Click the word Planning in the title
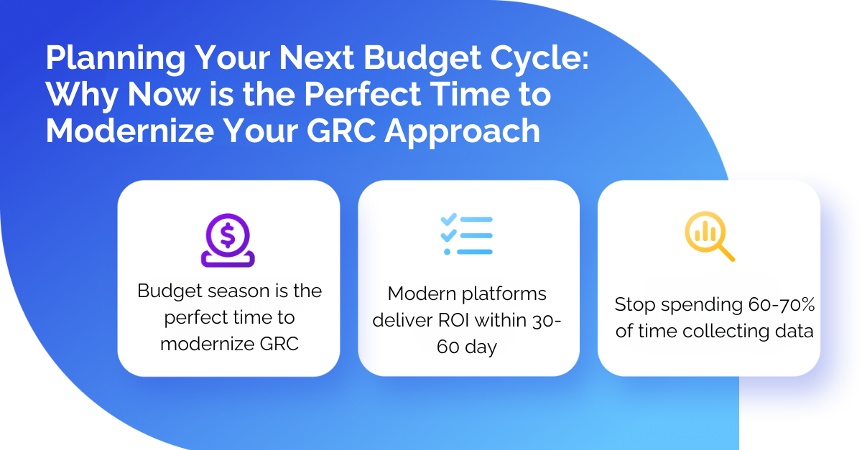[x=116, y=58]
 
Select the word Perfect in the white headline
[x=363, y=94]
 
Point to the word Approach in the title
[x=463, y=132]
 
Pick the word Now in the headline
[x=164, y=94]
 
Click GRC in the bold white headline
[x=341, y=131]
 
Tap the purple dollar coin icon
[x=228, y=240]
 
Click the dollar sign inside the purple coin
[x=228, y=235]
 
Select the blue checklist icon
[x=466, y=234]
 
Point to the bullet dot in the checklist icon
[x=447, y=252]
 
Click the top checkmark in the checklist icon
[x=448, y=219]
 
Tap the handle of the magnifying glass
[x=726, y=253]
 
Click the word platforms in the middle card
[x=504, y=294]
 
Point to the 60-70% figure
[x=782, y=304]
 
